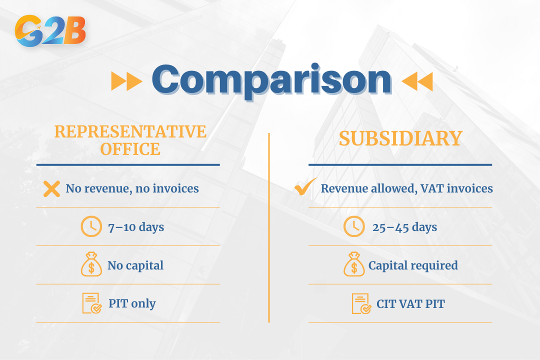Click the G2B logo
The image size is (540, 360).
click(x=50, y=31)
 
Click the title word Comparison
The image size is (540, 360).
click(x=271, y=80)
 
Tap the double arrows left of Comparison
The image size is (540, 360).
click(x=126, y=81)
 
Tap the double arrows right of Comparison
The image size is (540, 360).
click(x=417, y=81)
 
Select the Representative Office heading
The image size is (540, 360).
click(x=130, y=140)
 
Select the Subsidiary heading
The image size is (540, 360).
click(x=400, y=138)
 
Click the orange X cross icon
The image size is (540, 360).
click(x=51, y=188)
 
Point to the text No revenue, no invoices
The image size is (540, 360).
click(x=132, y=188)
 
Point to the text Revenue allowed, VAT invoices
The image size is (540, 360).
click(x=406, y=188)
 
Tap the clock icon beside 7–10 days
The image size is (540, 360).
click(x=91, y=227)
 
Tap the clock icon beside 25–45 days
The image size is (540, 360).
click(x=354, y=227)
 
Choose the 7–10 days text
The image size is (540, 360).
click(x=136, y=227)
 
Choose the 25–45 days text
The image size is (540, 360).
click(x=404, y=227)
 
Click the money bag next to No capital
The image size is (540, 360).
click(x=91, y=265)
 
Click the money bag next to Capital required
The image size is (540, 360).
click(x=354, y=265)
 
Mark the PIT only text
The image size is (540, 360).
click(x=132, y=303)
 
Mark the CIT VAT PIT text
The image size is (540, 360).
click(x=410, y=303)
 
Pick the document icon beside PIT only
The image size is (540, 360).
click(x=91, y=303)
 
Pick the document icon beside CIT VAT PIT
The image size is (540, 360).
click(x=361, y=303)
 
